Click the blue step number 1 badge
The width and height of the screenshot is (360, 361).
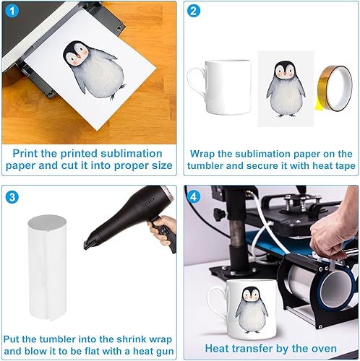point(12,11)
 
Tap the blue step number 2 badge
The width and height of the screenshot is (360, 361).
point(193,11)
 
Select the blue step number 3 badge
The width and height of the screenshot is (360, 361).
point(12,197)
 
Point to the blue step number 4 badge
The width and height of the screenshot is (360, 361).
point(193,197)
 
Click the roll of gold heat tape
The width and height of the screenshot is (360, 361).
point(334,89)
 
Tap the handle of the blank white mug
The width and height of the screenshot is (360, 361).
point(197,83)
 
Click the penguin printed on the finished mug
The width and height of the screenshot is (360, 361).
point(252,310)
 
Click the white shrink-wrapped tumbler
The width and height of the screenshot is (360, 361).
point(47,268)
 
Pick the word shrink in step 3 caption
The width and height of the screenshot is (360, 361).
point(132,339)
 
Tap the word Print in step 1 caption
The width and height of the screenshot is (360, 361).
point(25,154)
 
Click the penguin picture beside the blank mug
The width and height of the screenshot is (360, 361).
point(286,89)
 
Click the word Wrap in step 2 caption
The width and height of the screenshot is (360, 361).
point(202,154)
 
